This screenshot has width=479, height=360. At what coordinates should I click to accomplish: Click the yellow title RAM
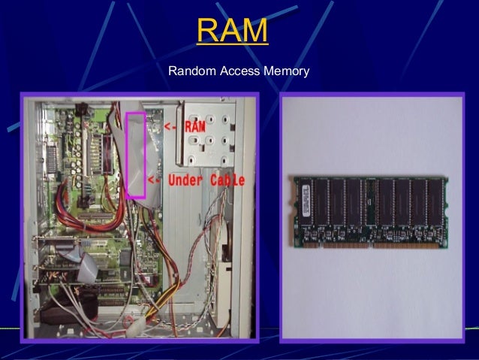(232, 31)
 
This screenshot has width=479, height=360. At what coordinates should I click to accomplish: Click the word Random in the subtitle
(191, 71)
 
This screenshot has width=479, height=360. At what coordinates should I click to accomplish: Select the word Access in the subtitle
(239, 71)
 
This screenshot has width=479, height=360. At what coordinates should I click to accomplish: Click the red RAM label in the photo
(194, 126)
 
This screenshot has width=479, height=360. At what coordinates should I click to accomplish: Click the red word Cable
(227, 181)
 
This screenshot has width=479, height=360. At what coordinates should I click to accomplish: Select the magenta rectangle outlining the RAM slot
(136, 155)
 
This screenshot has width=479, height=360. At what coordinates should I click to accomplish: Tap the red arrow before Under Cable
(154, 181)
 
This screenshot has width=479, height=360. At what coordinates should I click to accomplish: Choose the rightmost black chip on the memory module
(434, 202)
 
